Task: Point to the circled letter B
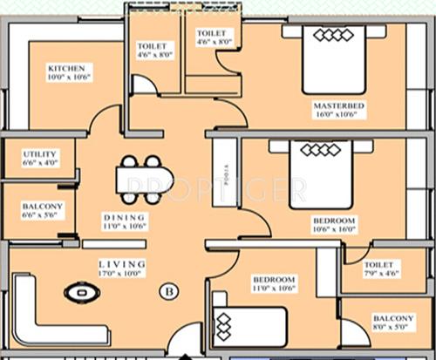[166, 291]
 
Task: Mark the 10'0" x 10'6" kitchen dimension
[69, 77]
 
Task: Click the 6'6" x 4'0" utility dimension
[39, 162]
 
